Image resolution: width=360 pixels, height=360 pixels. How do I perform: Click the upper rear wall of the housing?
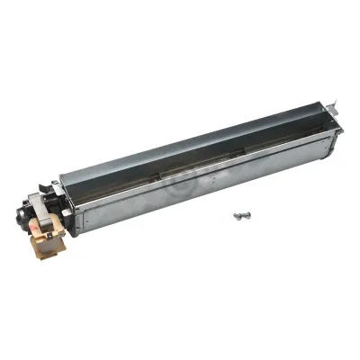tap(198, 135)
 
